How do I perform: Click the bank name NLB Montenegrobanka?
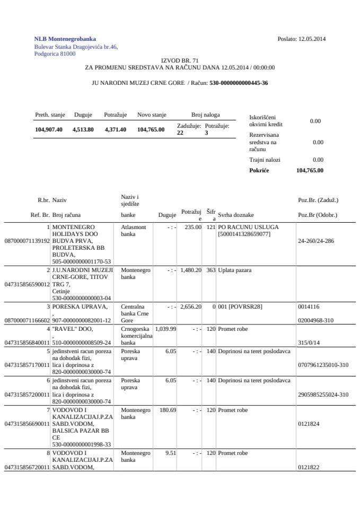pyautogui.click(x=65, y=39)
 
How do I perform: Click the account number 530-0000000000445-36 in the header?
pyautogui.click(x=239, y=83)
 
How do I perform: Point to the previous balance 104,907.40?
pyautogui.click(x=49, y=129)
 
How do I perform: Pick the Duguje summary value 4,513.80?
pyautogui.click(x=83, y=129)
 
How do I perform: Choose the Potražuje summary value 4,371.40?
pyautogui.click(x=115, y=129)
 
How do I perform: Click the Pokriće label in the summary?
pyautogui.click(x=259, y=170)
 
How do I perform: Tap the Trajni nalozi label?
pyautogui.click(x=265, y=160)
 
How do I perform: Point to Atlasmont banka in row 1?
pyautogui.click(x=133, y=230)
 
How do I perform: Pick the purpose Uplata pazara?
pyautogui.click(x=234, y=270)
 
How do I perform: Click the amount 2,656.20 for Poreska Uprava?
pyautogui.click(x=191, y=306)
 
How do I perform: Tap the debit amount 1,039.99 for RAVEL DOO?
pyautogui.click(x=167, y=329)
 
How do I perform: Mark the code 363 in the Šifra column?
pyautogui.click(x=210, y=270)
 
